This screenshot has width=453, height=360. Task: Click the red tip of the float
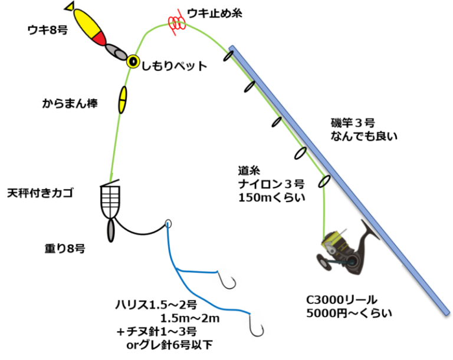[x=100, y=39]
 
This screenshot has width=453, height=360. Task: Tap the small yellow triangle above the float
[x=70, y=6]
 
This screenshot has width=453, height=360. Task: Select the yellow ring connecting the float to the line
[x=133, y=61]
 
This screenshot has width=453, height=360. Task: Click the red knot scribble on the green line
[x=176, y=23]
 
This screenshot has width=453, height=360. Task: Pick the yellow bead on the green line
[x=123, y=100]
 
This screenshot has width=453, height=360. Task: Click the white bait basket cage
[x=110, y=202]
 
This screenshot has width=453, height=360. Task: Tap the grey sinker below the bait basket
[x=110, y=230]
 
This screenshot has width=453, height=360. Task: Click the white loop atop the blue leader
[x=168, y=223]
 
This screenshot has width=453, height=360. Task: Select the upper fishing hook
[x=226, y=279]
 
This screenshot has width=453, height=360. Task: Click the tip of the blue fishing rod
[x=231, y=47]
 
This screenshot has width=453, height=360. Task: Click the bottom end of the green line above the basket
[x=110, y=180]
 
